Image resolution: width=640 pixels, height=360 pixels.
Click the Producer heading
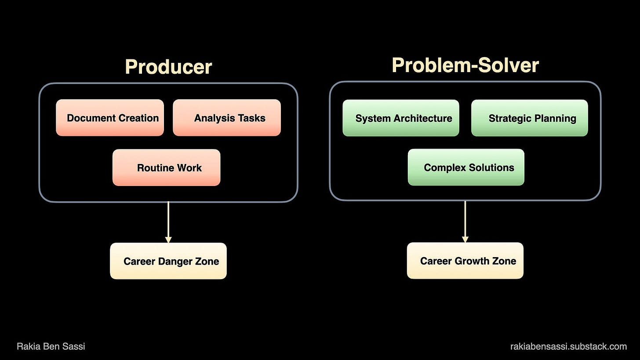(x=168, y=67)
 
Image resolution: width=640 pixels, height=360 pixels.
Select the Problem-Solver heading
(x=465, y=65)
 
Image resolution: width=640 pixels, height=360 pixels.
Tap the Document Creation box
(x=110, y=118)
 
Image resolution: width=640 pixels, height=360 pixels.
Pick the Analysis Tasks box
(x=227, y=118)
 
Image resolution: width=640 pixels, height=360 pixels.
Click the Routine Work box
(x=167, y=167)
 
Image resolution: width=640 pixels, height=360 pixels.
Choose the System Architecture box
(x=401, y=118)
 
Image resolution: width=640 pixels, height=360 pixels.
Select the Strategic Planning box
(x=530, y=118)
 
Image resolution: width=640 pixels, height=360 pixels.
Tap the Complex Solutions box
(x=466, y=167)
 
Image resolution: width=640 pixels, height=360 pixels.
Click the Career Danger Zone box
(x=168, y=261)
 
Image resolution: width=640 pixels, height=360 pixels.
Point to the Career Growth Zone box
(x=465, y=261)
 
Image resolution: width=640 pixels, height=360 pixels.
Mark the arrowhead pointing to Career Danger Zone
(x=168, y=240)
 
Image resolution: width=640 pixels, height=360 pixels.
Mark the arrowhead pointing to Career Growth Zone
(x=465, y=239)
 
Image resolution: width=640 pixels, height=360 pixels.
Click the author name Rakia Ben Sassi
(x=51, y=346)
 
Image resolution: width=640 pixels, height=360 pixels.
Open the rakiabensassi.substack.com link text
(x=568, y=346)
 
